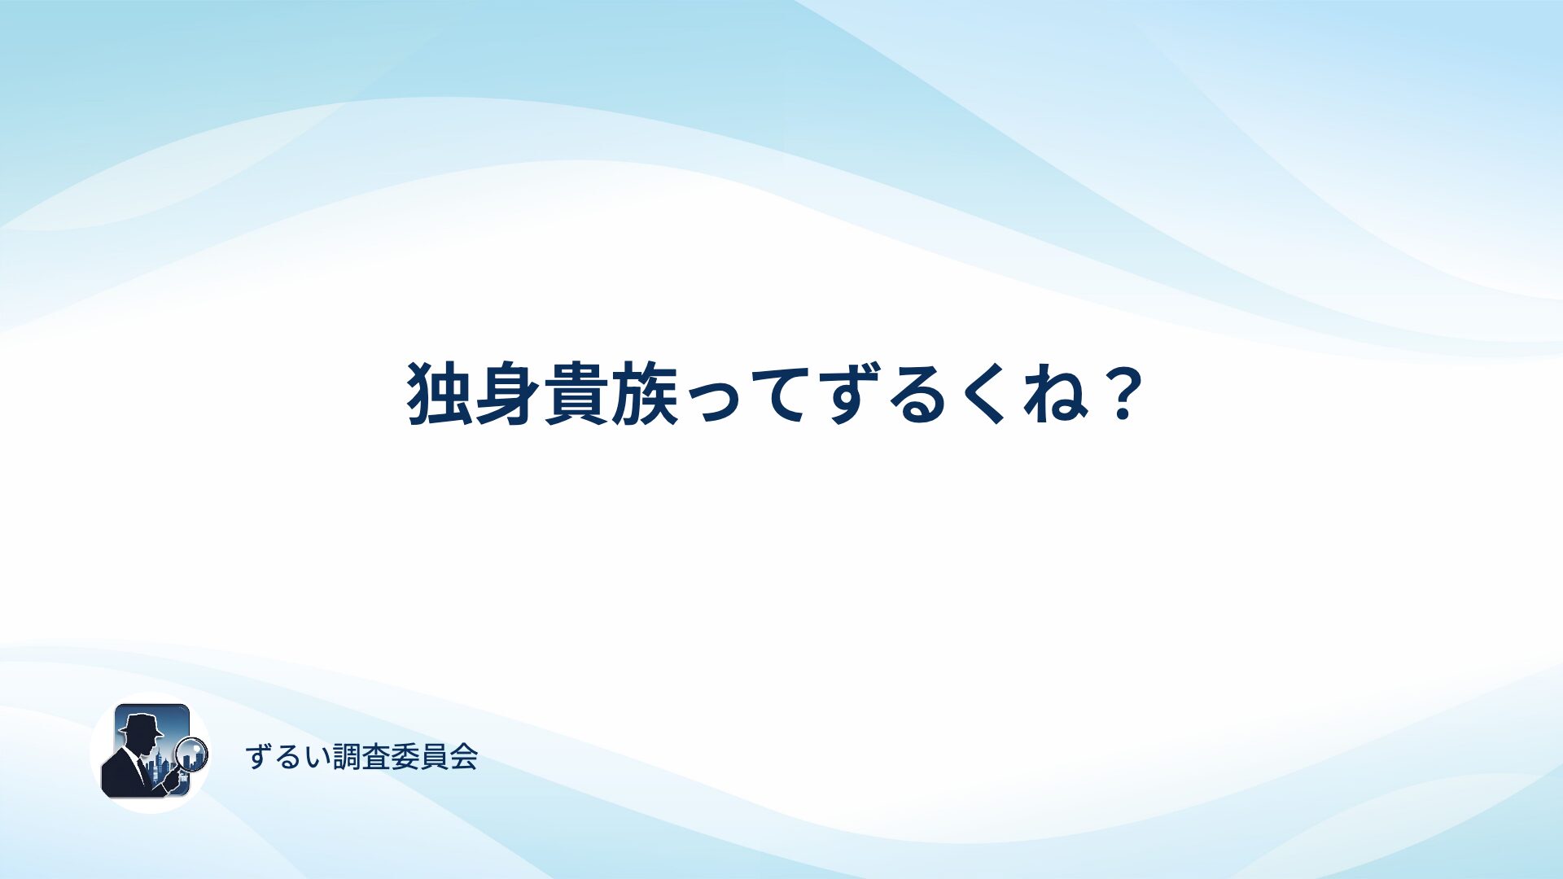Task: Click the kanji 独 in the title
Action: coord(440,394)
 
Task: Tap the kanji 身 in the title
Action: coord(508,394)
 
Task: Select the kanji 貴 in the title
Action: coord(576,394)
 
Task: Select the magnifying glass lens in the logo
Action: coord(193,754)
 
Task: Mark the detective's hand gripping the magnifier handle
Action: coord(172,781)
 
